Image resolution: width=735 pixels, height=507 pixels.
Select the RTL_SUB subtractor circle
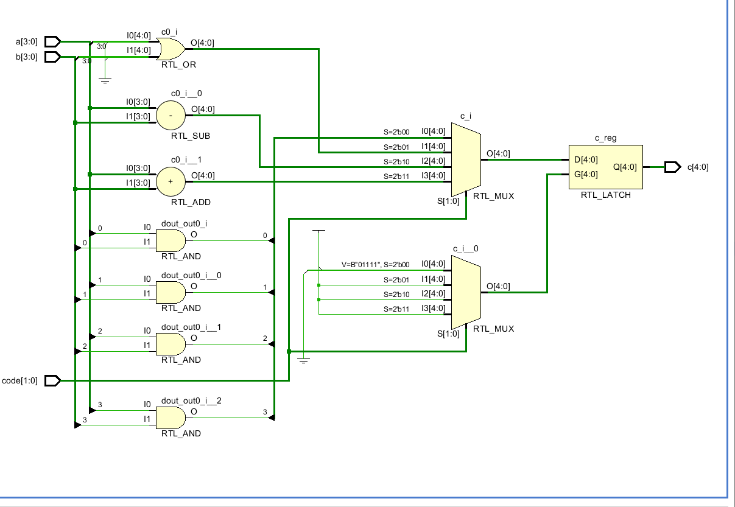coord(171,116)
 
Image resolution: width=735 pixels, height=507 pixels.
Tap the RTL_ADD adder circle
coord(171,181)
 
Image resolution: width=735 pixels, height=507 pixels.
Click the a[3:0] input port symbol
coord(53,42)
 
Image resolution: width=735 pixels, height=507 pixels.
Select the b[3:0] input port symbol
coord(53,57)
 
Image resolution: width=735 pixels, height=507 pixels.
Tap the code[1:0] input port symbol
coord(53,381)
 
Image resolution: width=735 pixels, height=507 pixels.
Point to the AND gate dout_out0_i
coord(171,241)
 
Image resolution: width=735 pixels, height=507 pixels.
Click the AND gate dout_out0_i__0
coord(171,293)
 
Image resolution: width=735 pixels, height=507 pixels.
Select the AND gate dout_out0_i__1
coord(171,344)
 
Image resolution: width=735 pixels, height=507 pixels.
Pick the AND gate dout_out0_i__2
coord(171,418)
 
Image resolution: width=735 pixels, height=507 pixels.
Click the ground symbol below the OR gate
coord(105,80)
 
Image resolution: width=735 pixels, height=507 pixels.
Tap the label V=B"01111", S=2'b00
coord(376,265)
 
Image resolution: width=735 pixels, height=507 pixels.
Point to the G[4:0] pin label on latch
coord(586,175)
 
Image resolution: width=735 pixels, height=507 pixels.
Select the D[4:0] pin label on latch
coord(586,160)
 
